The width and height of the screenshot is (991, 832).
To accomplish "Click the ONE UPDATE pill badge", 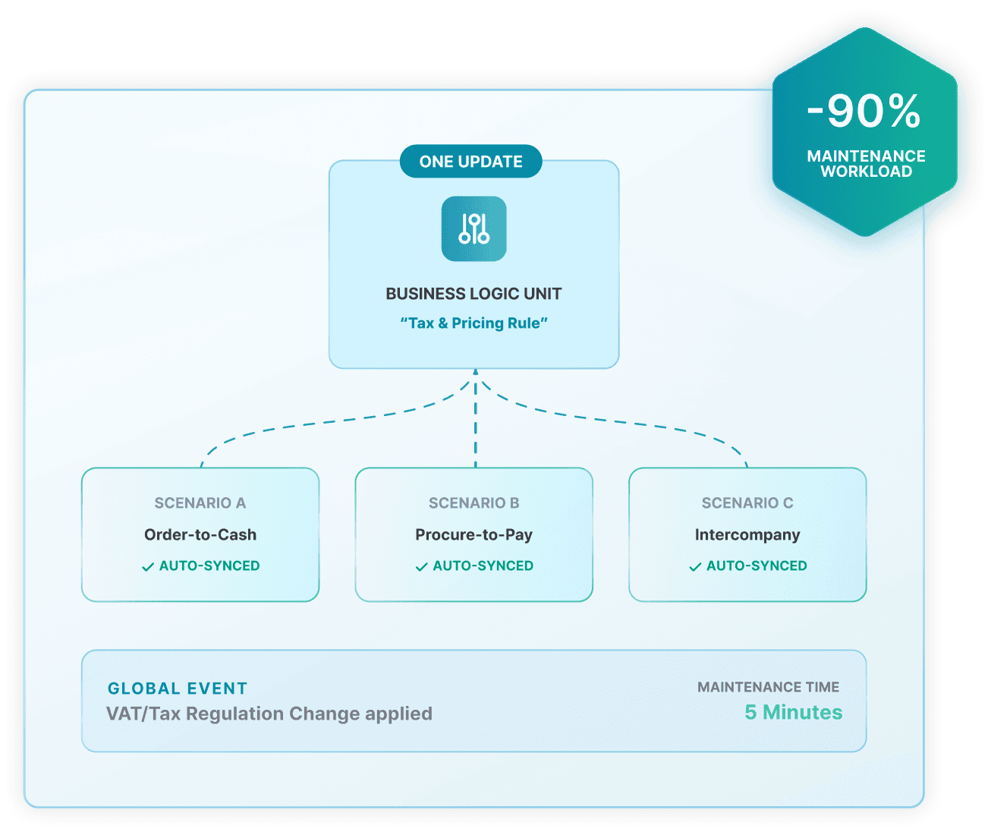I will click(x=470, y=162).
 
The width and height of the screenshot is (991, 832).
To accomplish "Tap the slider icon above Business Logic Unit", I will click(x=474, y=228).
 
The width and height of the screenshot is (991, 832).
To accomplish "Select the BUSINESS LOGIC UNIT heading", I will click(x=473, y=294).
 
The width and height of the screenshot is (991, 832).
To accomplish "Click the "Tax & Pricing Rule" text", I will click(x=473, y=323).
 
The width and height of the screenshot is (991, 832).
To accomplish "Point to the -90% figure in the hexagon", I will click(x=864, y=112).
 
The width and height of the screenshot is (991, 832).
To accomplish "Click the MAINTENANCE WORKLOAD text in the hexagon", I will click(x=866, y=164).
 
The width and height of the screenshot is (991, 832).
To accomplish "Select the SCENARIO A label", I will click(x=200, y=503).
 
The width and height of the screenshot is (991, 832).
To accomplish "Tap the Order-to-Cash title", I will click(x=200, y=534).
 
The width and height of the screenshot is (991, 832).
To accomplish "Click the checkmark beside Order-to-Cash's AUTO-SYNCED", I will click(x=148, y=567).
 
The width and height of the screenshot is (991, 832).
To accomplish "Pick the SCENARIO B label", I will click(x=474, y=503).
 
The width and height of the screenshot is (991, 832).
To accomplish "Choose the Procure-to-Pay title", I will click(x=473, y=534).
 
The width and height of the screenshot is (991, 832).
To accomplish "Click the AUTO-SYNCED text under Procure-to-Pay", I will click(x=483, y=566).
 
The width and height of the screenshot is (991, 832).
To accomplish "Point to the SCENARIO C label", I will click(x=747, y=503).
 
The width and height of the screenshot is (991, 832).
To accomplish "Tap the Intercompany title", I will click(x=747, y=534).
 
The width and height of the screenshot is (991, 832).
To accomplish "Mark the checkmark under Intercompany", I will click(x=695, y=567).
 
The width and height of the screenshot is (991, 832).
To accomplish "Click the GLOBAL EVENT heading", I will click(x=178, y=689).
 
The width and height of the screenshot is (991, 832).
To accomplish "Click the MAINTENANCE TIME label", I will click(x=768, y=687).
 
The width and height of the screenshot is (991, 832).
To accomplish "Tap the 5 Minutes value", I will click(x=793, y=712).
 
